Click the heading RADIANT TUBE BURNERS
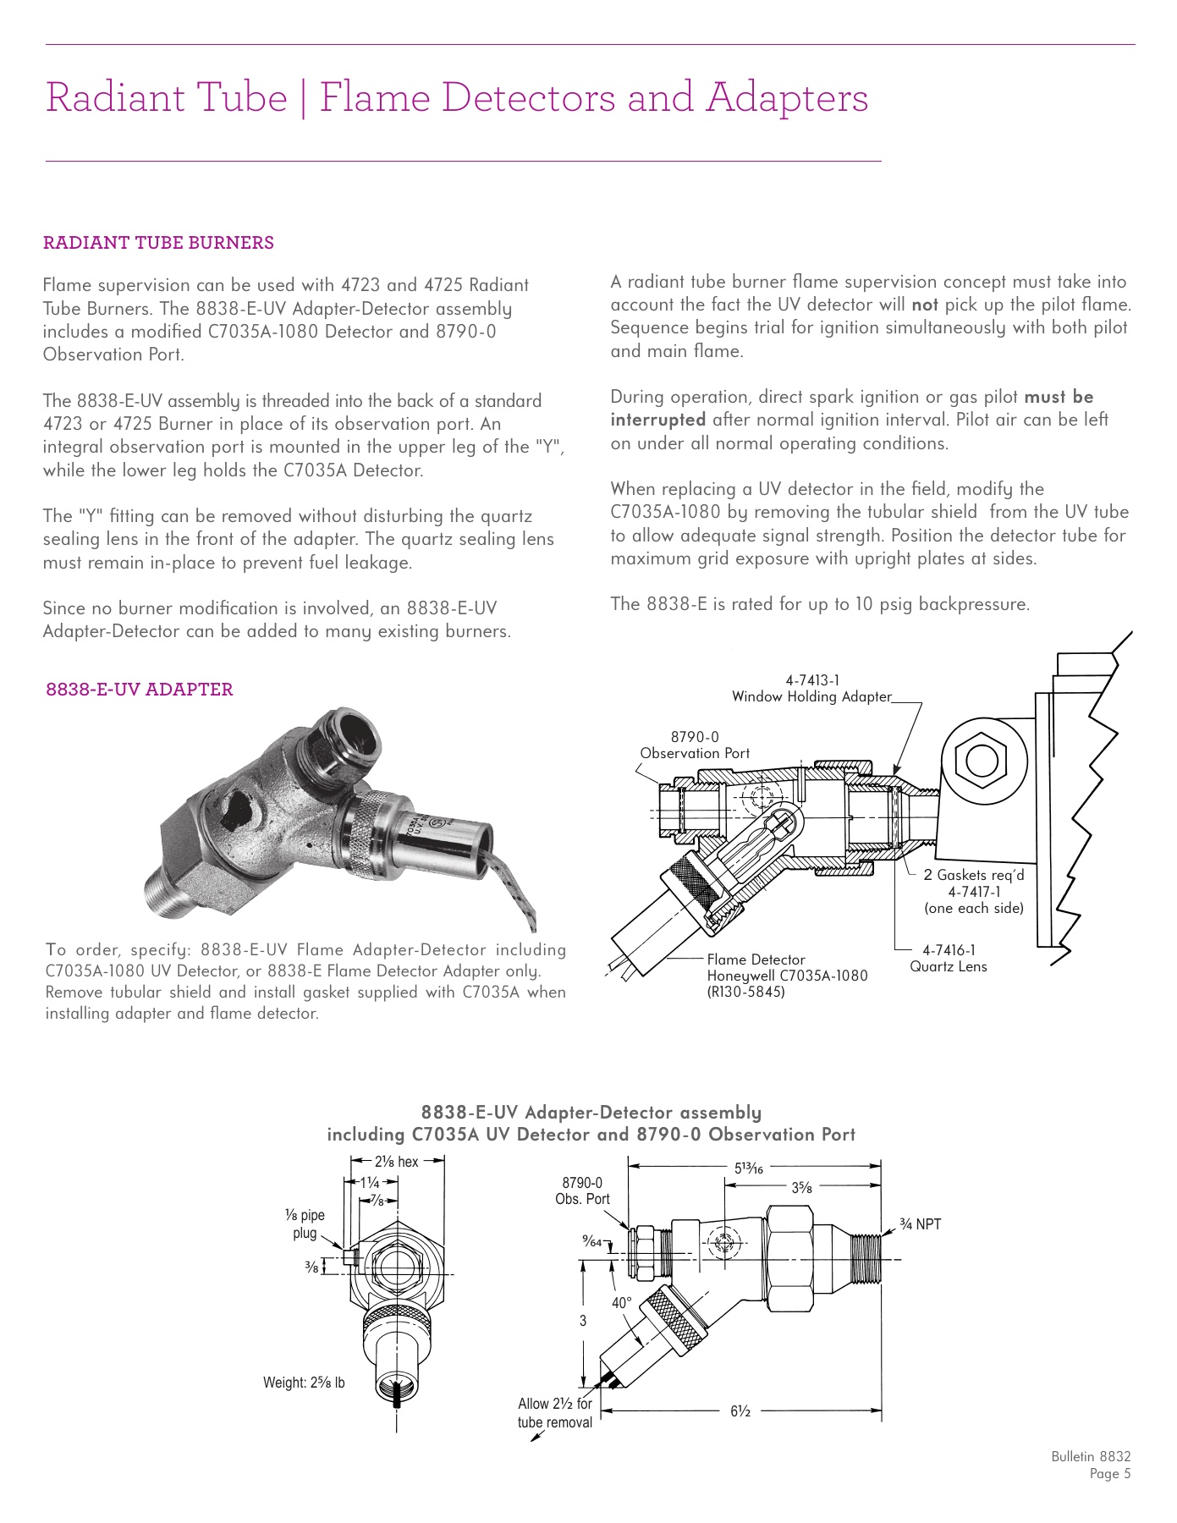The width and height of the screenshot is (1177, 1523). [x=158, y=243]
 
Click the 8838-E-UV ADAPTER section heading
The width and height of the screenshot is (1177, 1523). [x=140, y=690]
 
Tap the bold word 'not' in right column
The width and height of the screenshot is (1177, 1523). [x=924, y=305]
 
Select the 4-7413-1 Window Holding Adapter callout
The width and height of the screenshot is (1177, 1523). [x=811, y=689]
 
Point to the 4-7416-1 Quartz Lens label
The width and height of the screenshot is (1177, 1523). [x=948, y=959]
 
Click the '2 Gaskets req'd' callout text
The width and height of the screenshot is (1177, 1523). [x=973, y=875]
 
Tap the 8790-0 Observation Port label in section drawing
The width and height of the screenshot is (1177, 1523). [x=694, y=745]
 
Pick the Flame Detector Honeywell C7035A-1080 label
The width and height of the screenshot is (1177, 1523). [x=786, y=976]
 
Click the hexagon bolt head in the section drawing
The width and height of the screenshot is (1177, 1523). [x=980, y=759]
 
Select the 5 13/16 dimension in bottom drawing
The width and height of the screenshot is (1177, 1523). [x=748, y=1168]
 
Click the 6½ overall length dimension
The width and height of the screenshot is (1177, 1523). [x=740, y=1410]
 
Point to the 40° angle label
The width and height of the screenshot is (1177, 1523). [x=622, y=1303]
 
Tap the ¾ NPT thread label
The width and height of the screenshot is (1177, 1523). [x=920, y=1224]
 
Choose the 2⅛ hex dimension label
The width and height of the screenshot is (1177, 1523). [x=396, y=1162]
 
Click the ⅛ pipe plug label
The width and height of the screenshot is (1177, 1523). [x=305, y=1223]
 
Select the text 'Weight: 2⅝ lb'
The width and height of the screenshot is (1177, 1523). [x=304, y=1383]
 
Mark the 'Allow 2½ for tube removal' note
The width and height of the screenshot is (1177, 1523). [x=555, y=1413]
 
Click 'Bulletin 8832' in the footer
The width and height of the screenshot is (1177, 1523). [x=1090, y=1456]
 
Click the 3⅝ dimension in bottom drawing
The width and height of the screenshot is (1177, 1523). [x=801, y=1187]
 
